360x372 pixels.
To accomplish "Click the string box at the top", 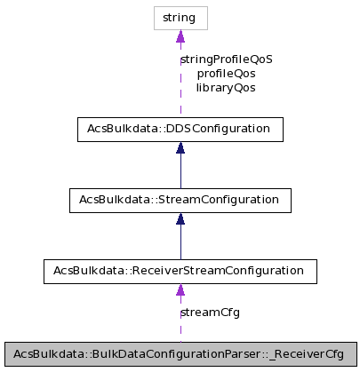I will (x=180, y=17).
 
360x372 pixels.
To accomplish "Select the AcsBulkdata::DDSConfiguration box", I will (x=180, y=130).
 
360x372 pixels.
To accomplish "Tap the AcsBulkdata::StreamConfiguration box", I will (x=180, y=200).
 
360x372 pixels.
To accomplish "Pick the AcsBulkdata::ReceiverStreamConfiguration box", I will (x=180, y=270).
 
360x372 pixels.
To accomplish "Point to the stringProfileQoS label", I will (x=226, y=59).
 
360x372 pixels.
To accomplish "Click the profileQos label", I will (x=226, y=74).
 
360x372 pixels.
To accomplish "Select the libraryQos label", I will (x=226, y=88).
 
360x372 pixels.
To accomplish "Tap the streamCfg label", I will (x=210, y=313).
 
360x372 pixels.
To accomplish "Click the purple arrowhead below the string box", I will (x=180, y=36).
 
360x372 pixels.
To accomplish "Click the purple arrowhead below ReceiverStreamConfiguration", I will (x=180, y=289).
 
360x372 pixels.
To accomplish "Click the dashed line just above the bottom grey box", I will (x=180, y=330).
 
